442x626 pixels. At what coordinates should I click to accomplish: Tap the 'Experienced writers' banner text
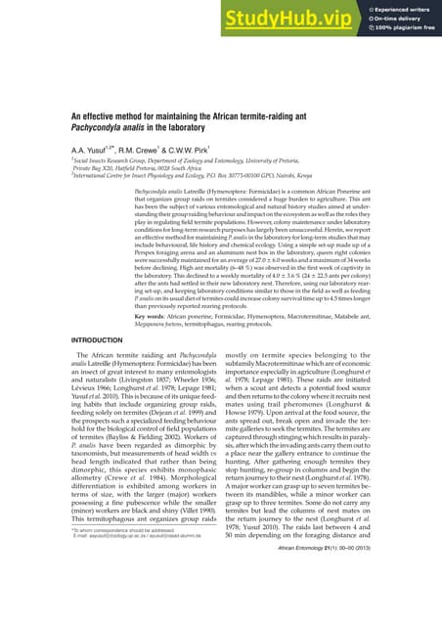403,10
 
